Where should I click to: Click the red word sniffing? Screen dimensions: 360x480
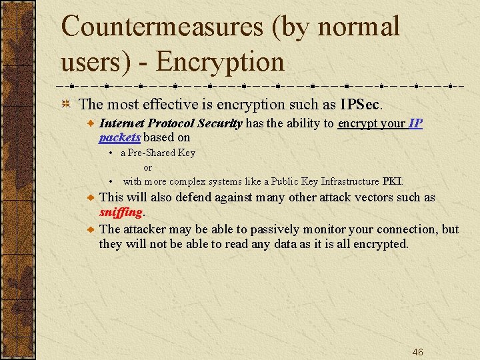121,212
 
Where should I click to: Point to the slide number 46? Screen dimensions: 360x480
417,352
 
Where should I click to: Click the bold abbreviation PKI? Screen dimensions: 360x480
392,181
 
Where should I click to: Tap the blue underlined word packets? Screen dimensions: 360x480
119,137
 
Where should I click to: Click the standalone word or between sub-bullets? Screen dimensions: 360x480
148,167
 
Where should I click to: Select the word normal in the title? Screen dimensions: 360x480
360,27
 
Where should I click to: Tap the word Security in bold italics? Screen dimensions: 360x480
219,123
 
